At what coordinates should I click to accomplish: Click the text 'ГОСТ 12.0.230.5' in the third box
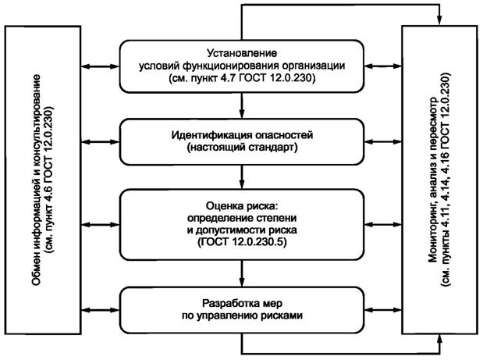point(242,244)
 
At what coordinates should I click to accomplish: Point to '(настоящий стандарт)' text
point(242,146)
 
